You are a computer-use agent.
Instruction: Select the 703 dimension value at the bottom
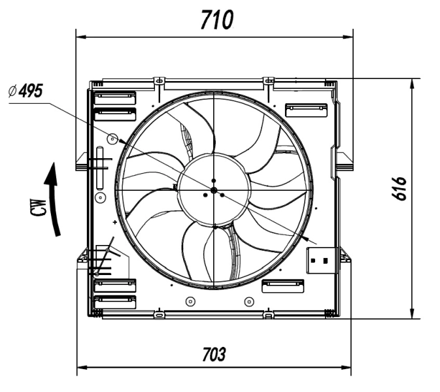click(214, 355)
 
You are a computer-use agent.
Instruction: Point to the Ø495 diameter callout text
click(24, 91)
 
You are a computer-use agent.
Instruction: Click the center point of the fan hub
click(214, 190)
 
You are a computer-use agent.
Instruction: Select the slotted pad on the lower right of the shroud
click(282, 286)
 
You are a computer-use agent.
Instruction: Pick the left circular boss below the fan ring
click(190, 301)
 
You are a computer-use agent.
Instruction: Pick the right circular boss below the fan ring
click(248, 301)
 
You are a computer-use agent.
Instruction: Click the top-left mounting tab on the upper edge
click(157, 80)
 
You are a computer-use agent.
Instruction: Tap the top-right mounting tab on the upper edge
click(267, 80)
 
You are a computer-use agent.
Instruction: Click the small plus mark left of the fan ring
click(116, 223)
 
